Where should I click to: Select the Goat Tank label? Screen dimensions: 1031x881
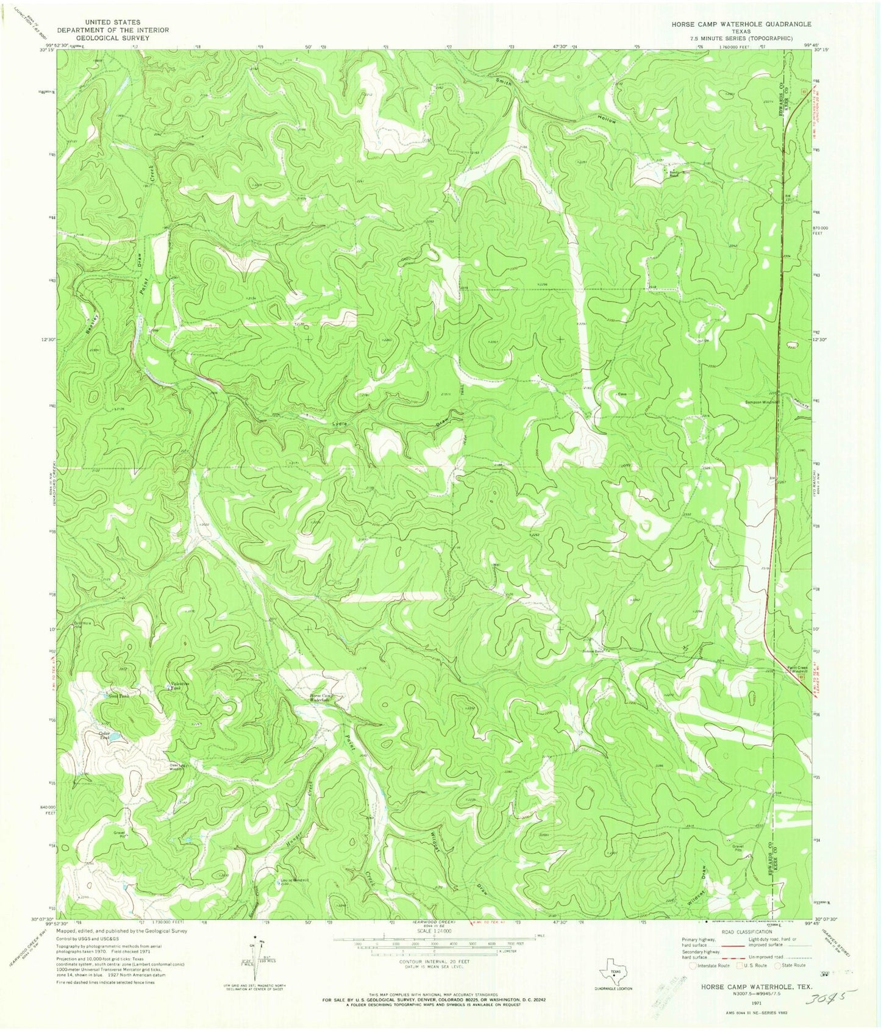pos(119,695)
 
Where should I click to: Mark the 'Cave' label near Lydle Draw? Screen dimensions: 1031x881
pos(622,394)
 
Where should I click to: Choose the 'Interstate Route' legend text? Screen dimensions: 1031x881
pos(713,965)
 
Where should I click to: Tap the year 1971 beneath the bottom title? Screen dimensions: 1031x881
pos(755,1002)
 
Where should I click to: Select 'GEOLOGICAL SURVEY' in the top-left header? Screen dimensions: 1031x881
pos(113,38)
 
